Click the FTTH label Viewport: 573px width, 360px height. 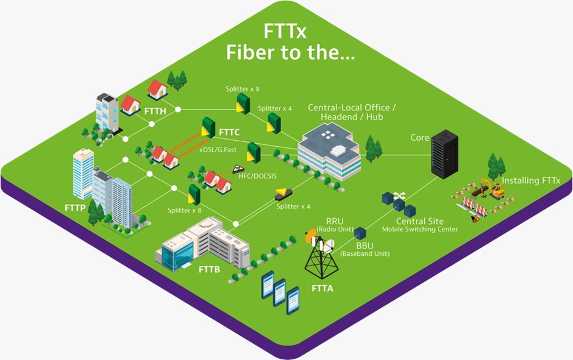[155, 111]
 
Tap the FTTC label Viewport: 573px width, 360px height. [229, 132]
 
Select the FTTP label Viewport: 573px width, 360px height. [75, 208]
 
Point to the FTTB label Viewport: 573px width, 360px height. [210, 269]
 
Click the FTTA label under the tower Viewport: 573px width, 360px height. [322, 289]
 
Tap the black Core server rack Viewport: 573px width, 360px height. [444, 154]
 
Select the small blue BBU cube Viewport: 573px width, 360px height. [360, 233]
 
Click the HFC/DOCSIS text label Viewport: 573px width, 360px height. [258, 176]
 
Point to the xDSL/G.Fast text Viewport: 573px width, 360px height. [218, 149]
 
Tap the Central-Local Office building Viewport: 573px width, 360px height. [329, 151]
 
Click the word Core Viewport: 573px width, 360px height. [419, 138]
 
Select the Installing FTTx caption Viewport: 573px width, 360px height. [530, 180]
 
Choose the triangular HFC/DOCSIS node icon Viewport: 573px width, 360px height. [238, 169]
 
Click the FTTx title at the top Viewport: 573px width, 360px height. [285, 31]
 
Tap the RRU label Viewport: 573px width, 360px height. [335, 221]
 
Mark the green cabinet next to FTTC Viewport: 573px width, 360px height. [208, 127]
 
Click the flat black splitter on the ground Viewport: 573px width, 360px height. [283, 194]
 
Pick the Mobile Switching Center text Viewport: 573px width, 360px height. [420, 229]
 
